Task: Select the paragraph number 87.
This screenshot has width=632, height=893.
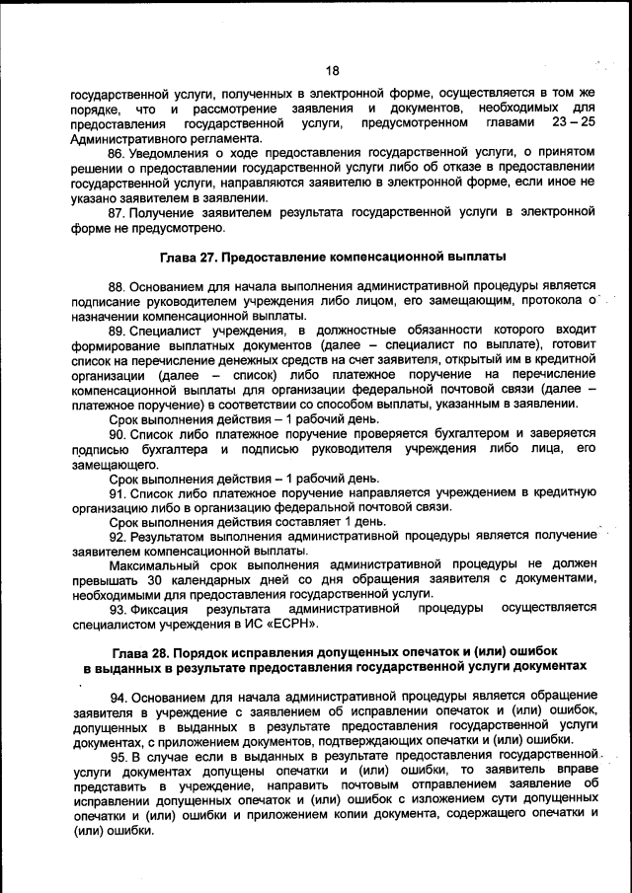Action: click(116, 211)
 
